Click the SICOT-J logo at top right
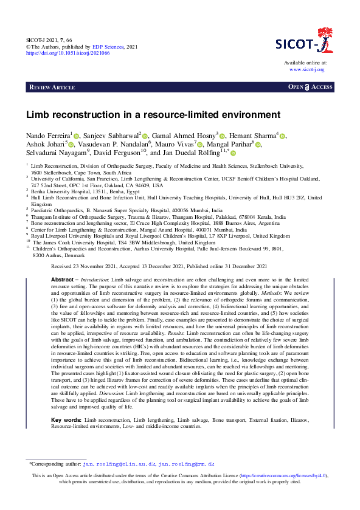pyautogui.click(x=304, y=43)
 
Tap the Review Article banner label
pyautogui.click(x=52, y=88)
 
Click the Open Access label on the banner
pyautogui.click(x=310, y=88)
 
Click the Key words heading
pyautogui.click(x=65, y=420)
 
